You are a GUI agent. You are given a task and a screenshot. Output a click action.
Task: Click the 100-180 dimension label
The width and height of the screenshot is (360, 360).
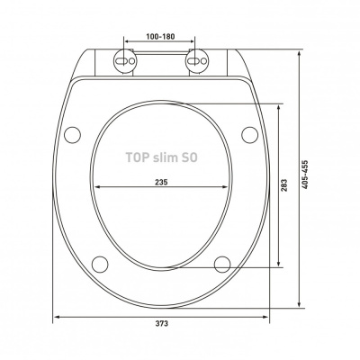[160, 37]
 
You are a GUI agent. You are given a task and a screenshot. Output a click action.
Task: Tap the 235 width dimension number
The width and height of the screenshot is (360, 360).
[161, 182]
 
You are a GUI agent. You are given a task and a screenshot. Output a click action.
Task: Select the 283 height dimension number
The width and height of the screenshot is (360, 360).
[284, 185]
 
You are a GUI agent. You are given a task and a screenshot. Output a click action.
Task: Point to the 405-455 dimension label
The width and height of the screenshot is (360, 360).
[305, 175]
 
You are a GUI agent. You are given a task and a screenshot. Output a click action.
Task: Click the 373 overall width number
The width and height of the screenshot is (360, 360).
[162, 323]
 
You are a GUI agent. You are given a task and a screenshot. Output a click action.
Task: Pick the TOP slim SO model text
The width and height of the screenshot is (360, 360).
[161, 157]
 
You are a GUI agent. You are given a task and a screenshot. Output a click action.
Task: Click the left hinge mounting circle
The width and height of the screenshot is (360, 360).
[124, 61]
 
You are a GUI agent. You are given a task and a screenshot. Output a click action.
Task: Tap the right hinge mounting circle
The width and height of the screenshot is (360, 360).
[196, 61]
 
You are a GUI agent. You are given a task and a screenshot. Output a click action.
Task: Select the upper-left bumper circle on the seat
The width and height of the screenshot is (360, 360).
[73, 135]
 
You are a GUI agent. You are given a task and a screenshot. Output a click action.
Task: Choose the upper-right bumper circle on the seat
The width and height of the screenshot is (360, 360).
[249, 135]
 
